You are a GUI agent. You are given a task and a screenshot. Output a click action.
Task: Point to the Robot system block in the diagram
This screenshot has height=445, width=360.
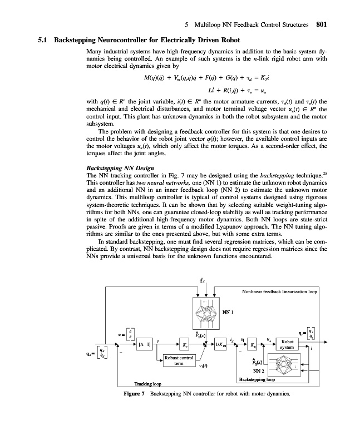pyautogui.click(x=288, y=345)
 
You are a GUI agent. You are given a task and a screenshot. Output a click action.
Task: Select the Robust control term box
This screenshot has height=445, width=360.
pyautogui.click(x=178, y=360)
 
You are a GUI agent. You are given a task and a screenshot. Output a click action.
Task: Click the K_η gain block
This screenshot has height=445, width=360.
pyautogui.click(x=253, y=345)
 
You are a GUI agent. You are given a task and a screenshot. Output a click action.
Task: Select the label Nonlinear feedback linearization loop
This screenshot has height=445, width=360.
pyautogui.click(x=280, y=291)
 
